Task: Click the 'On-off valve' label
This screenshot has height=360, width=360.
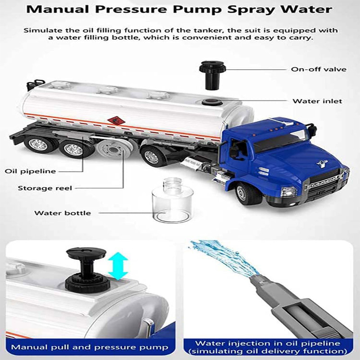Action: (x=319, y=69)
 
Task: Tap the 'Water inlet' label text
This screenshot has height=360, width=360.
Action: (x=317, y=101)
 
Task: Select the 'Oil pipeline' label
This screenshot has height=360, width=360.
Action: (x=30, y=171)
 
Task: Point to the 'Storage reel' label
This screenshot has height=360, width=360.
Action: (x=45, y=188)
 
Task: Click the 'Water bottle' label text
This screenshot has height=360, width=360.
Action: (x=63, y=213)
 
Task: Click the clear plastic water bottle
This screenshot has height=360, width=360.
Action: (x=172, y=200)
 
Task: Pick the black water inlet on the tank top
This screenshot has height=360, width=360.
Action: (x=212, y=102)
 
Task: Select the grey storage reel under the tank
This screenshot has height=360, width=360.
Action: (x=113, y=149)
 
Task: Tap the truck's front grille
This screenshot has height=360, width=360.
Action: (x=325, y=186)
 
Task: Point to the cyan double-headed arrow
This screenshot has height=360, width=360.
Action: (x=118, y=266)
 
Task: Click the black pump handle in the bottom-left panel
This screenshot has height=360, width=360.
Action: (x=86, y=269)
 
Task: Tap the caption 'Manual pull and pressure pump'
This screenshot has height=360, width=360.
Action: (x=90, y=347)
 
